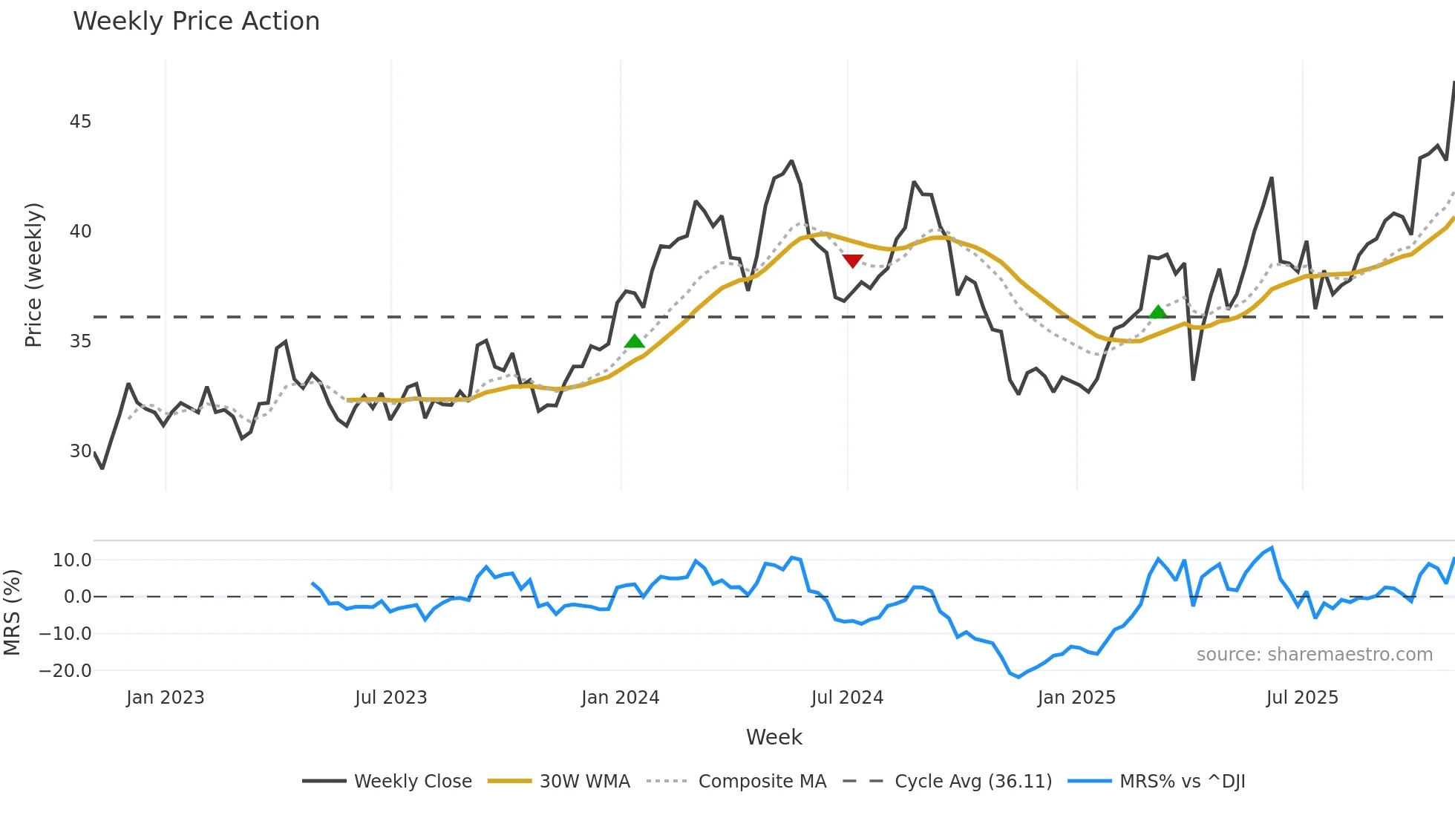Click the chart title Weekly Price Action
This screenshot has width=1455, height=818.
pyautogui.click(x=196, y=22)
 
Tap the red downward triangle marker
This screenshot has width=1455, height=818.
pyautogui.click(x=853, y=261)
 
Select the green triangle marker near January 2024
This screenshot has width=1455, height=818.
pyautogui.click(x=635, y=341)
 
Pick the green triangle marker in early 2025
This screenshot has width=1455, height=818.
pyautogui.click(x=1158, y=312)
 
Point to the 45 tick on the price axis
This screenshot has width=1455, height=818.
pyautogui.click(x=80, y=122)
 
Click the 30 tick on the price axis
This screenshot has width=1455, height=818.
pyautogui.click(x=80, y=451)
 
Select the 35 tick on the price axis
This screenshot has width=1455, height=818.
pyautogui.click(x=80, y=341)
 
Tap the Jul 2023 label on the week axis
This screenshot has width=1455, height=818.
pyautogui.click(x=390, y=698)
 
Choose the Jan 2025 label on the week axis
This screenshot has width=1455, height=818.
pyautogui.click(x=1076, y=698)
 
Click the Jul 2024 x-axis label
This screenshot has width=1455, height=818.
pyautogui.click(x=847, y=698)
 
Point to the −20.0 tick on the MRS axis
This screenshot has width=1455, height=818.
pyautogui.click(x=65, y=671)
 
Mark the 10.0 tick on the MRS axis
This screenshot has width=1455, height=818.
pyautogui.click(x=72, y=560)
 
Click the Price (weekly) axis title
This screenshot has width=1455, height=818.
pyautogui.click(x=33, y=275)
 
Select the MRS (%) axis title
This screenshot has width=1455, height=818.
pyautogui.click(x=12, y=612)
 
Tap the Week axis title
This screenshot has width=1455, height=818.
pyautogui.click(x=774, y=737)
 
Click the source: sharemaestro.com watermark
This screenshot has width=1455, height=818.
pyautogui.click(x=1314, y=655)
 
